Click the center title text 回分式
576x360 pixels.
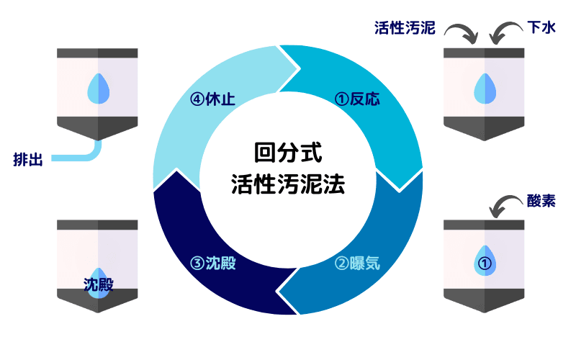[x=287, y=153]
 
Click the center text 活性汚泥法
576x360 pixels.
[x=287, y=184]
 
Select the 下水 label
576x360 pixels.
[x=541, y=29]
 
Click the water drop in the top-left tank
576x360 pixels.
[x=97, y=89]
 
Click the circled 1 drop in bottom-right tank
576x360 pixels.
[x=485, y=261]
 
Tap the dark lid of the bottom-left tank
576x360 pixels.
[x=97, y=225]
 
